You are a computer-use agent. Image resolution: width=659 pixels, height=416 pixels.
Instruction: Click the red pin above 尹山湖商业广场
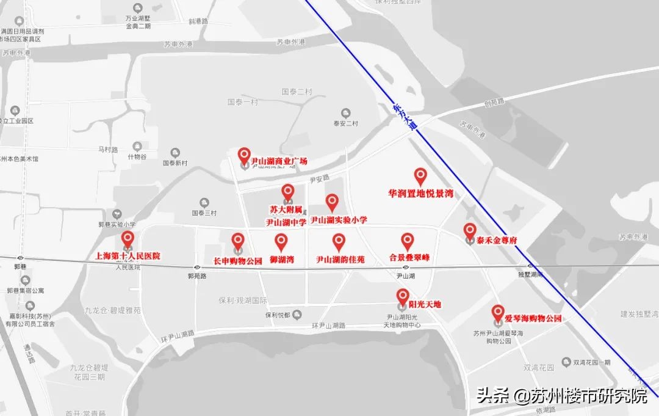[244, 155]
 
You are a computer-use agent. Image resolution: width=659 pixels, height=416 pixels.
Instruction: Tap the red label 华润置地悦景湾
[420, 193]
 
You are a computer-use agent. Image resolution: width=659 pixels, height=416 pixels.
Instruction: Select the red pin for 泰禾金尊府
[469, 230]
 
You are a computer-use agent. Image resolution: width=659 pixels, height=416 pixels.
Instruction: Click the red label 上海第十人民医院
[128, 256]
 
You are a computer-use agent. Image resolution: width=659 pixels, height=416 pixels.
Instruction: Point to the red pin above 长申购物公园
[238, 241]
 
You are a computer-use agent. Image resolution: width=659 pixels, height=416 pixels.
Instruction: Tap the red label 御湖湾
[282, 260]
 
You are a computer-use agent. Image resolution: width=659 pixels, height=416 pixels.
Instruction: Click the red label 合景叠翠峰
[409, 258]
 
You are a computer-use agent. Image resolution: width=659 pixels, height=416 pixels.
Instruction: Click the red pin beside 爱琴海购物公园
[498, 313]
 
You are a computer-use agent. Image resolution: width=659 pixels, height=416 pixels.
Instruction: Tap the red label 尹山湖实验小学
[339, 220]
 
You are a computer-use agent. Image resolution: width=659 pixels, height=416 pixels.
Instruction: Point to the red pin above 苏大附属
[288, 192]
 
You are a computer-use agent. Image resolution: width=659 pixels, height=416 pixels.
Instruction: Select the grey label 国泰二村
[297, 92]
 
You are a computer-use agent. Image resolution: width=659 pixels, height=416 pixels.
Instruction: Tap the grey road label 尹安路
[319, 179]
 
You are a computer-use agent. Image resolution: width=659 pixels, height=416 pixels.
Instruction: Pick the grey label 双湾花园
[539, 368]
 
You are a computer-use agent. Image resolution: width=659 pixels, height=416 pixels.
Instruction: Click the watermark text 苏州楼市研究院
[588, 396]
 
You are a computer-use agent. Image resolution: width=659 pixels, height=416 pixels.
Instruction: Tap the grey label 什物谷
[137, 156]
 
